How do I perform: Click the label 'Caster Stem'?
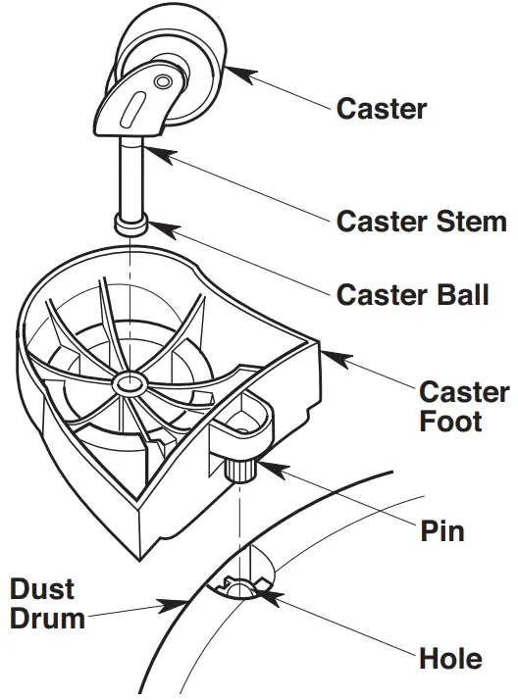[x=421, y=222]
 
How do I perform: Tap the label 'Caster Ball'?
[x=412, y=294]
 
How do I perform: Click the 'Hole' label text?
[x=450, y=658]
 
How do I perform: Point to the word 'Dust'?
[x=44, y=589]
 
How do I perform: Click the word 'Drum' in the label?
[x=47, y=619]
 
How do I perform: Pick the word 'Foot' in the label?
[x=450, y=422]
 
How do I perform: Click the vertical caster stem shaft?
[x=131, y=176]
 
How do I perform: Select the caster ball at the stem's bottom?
[x=131, y=225]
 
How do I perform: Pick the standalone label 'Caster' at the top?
[x=382, y=108]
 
